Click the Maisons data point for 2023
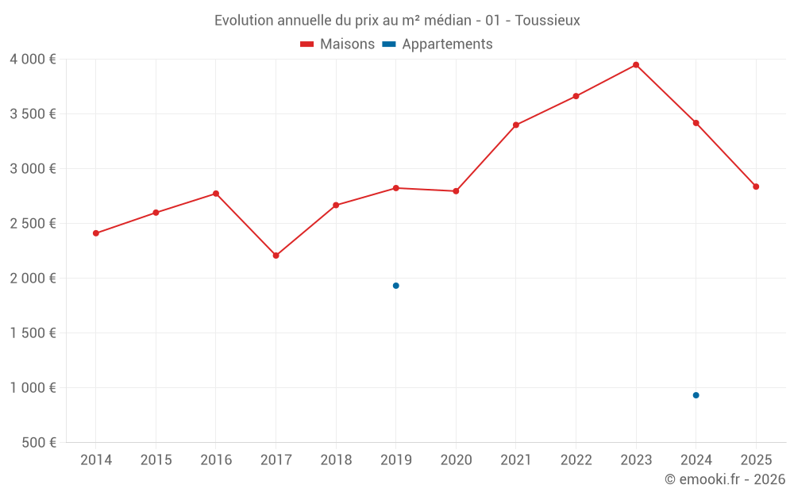pos(636,65)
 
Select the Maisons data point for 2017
pos(276,256)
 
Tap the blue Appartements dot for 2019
pos(395,286)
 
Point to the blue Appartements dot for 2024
pos(696,395)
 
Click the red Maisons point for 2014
pos(96,233)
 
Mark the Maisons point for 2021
pos(516,125)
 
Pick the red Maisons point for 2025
pos(756,186)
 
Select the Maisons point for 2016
pos(216,194)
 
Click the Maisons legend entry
pos(337,44)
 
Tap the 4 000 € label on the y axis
pos(33,60)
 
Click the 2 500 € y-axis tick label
pos(33,224)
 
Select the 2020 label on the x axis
pos(456,460)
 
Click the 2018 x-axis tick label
pos(336,460)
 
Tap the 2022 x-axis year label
pos(576,460)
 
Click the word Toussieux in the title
pos(547,21)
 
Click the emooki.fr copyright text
pos(725,479)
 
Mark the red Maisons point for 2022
pos(576,96)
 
